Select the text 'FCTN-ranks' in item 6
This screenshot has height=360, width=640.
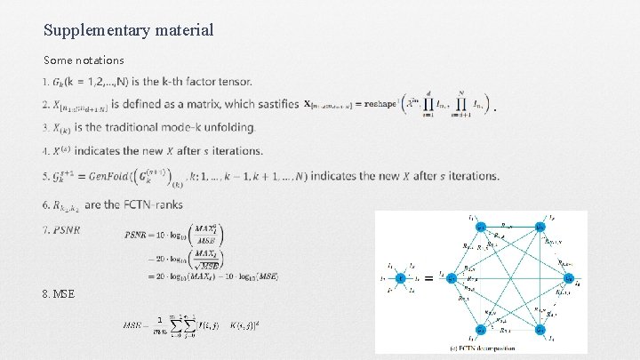pos(156,204)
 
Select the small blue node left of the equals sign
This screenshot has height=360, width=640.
pos(401,278)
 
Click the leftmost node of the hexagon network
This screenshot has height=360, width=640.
pos(451,278)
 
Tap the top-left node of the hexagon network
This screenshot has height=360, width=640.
pos(481,228)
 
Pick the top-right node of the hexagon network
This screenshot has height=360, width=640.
pos(540,228)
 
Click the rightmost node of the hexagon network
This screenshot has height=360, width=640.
pos(568,278)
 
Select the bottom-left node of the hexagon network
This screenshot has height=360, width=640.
pos(481,329)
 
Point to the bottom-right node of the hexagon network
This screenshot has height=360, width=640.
pos(540,329)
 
